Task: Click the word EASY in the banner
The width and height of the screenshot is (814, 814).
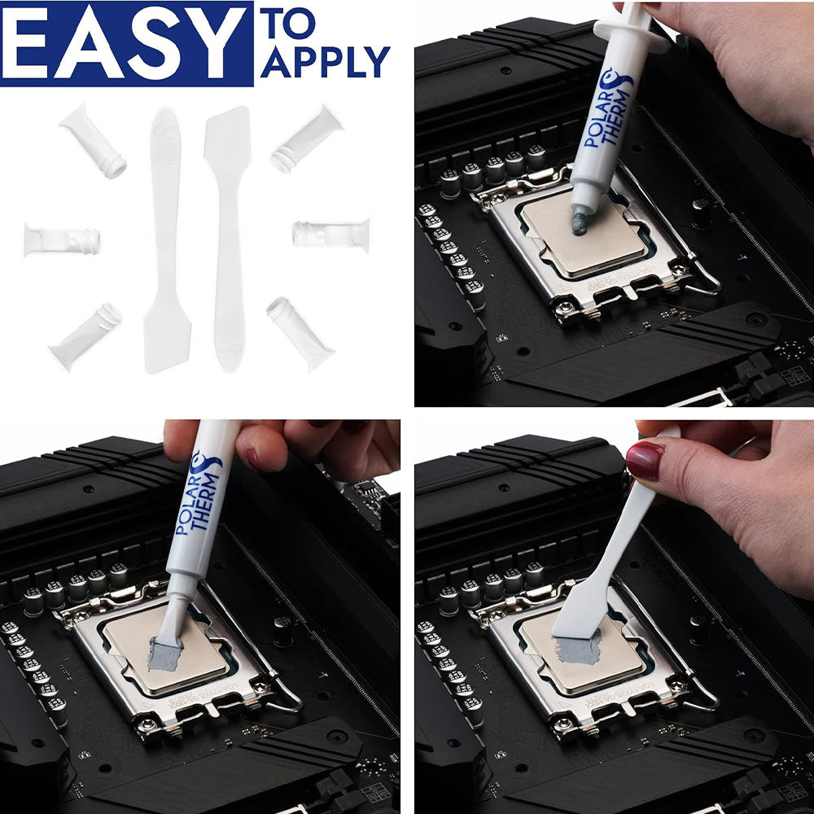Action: pyautogui.click(x=126, y=43)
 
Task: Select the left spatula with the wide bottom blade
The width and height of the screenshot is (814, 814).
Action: pyautogui.click(x=166, y=244)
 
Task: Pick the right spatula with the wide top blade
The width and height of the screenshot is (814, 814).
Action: pyautogui.click(x=228, y=236)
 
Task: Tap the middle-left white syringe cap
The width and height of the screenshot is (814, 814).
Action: pyautogui.click(x=62, y=240)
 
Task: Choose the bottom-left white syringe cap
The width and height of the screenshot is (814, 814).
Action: pyautogui.click(x=85, y=335)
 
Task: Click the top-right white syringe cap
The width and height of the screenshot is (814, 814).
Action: pyautogui.click(x=307, y=139)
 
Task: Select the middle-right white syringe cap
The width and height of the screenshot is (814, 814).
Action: pyautogui.click(x=330, y=234)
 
